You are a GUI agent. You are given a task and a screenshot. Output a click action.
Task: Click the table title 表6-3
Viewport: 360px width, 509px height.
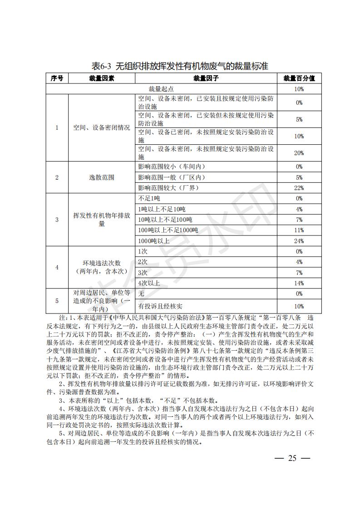180,66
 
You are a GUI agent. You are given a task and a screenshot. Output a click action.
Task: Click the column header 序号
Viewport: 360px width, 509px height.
57,78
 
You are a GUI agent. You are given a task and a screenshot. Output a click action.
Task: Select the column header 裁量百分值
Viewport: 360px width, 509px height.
299,78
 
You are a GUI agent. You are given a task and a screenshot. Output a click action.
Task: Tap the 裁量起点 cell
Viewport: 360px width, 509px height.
161,89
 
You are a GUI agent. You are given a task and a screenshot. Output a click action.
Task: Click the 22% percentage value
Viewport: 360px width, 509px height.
299,188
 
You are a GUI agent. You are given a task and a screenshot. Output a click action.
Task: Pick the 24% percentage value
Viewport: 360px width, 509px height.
299,240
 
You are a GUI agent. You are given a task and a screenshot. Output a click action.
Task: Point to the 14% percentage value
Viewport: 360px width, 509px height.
299,283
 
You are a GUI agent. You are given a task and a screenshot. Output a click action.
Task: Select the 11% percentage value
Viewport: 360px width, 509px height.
299,230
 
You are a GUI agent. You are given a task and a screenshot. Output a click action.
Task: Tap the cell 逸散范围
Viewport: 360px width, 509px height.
102,177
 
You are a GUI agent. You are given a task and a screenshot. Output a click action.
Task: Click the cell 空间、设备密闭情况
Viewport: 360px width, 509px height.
102,128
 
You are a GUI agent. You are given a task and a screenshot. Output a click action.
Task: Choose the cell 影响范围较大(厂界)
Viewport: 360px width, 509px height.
168,188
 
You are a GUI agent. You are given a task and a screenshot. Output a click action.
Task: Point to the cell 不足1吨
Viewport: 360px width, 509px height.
149,198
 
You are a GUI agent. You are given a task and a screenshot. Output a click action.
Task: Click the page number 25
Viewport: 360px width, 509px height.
292,458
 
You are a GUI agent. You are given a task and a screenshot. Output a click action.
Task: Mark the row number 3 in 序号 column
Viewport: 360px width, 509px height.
57,220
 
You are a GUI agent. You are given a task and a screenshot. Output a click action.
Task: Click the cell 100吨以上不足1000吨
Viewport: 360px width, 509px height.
168,230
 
